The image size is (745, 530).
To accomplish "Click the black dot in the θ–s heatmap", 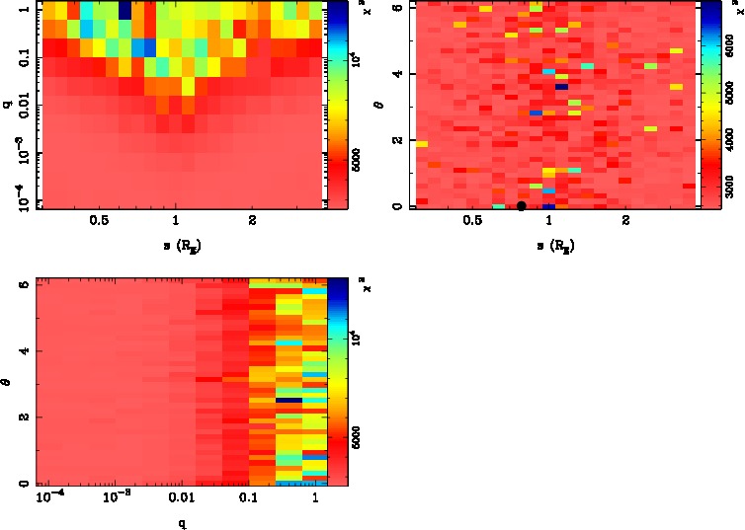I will coord(522,205).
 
